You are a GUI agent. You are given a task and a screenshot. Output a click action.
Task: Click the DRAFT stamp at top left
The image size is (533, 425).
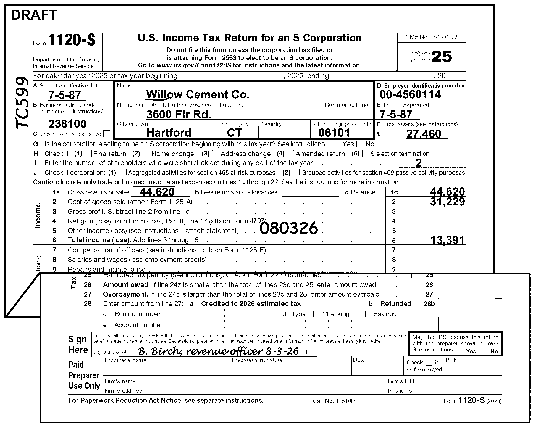tap(34, 15)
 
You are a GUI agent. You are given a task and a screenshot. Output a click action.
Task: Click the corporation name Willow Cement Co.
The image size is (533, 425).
tap(198, 95)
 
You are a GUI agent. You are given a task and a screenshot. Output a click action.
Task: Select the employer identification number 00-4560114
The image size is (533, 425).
tap(410, 95)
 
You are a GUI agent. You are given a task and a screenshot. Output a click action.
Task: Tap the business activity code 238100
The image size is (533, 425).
tap(67, 124)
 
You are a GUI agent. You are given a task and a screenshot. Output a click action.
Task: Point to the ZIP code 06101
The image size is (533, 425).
tap(334, 133)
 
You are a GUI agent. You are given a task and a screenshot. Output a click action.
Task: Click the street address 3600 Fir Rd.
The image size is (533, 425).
tap(178, 114)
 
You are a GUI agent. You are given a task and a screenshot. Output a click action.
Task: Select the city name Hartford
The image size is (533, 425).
tap(169, 133)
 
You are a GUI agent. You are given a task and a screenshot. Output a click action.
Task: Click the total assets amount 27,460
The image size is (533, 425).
tap(423, 134)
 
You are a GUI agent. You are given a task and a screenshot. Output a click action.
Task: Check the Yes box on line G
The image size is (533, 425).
tap(337, 144)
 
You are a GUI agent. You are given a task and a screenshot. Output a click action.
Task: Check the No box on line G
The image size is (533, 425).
tap(359, 144)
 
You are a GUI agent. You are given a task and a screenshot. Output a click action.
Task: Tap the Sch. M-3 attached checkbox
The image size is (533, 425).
tap(107, 134)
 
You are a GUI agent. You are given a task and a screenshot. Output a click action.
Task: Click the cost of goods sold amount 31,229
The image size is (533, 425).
tap(447, 202)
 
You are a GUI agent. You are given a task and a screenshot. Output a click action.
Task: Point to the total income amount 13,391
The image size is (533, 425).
tap(447, 240)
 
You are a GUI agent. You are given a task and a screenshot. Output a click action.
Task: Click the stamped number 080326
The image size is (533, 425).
tap(289, 228)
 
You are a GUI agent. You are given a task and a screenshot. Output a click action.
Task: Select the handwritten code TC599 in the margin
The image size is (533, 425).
tap(22, 103)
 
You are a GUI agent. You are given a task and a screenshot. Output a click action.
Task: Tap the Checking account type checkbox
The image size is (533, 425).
tap(317, 314)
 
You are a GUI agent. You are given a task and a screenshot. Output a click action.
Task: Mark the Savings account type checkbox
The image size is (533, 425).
tap(368, 314)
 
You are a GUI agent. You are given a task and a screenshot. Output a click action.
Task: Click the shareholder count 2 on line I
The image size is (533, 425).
tap(418, 163)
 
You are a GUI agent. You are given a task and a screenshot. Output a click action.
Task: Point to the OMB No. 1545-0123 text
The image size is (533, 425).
tap(431, 37)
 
